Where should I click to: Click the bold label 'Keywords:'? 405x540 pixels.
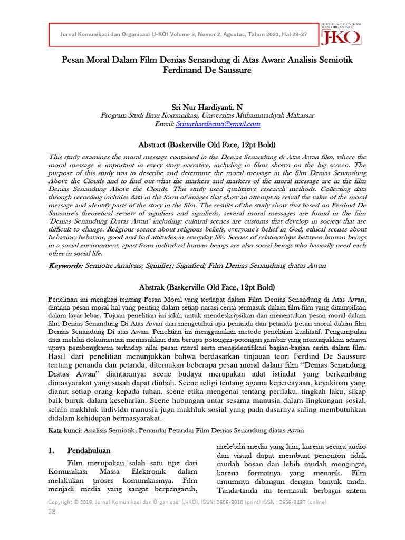tap(65, 266)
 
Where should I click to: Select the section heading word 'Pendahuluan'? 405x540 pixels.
tap(89, 451)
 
